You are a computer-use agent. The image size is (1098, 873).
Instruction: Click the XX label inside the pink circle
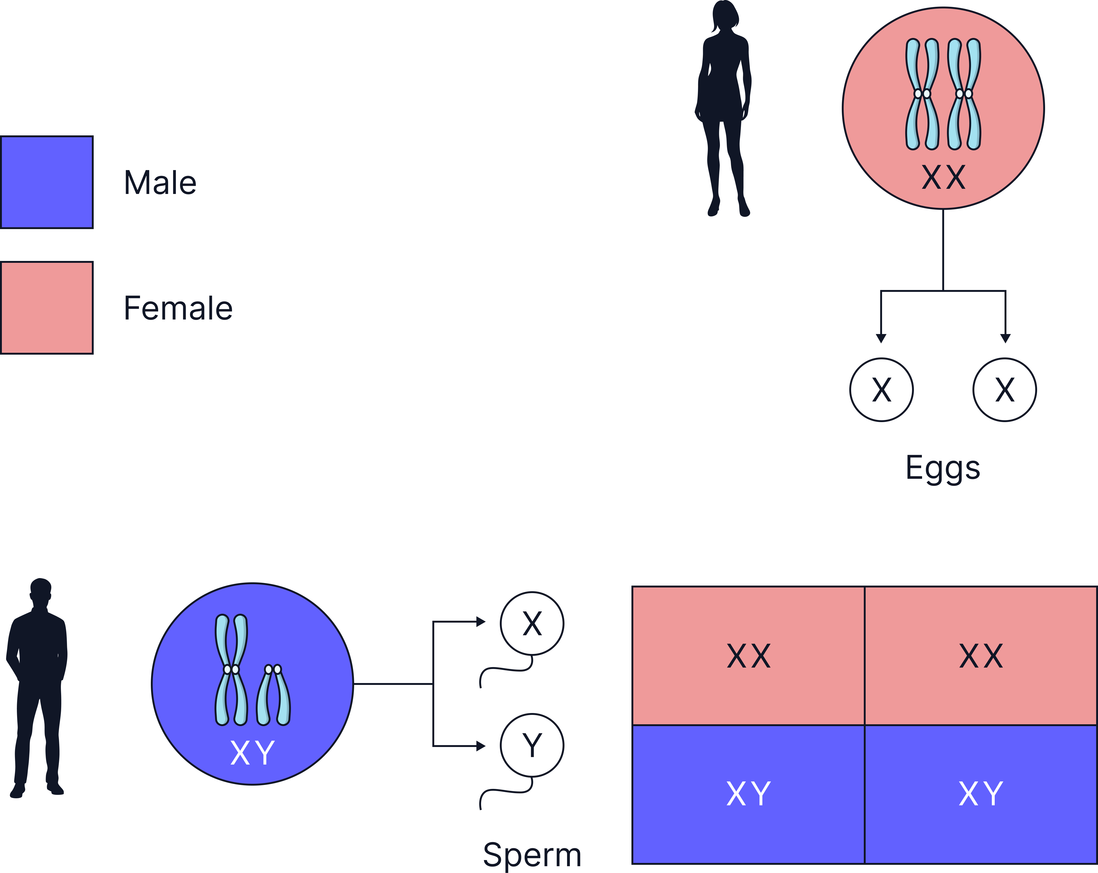[x=943, y=178]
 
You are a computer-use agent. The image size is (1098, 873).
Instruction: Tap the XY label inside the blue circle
[x=253, y=753]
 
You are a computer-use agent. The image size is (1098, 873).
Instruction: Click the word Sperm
[x=532, y=855]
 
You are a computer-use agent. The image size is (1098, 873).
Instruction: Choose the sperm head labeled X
[x=532, y=624]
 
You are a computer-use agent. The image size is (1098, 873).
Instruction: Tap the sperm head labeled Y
[x=532, y=745]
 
